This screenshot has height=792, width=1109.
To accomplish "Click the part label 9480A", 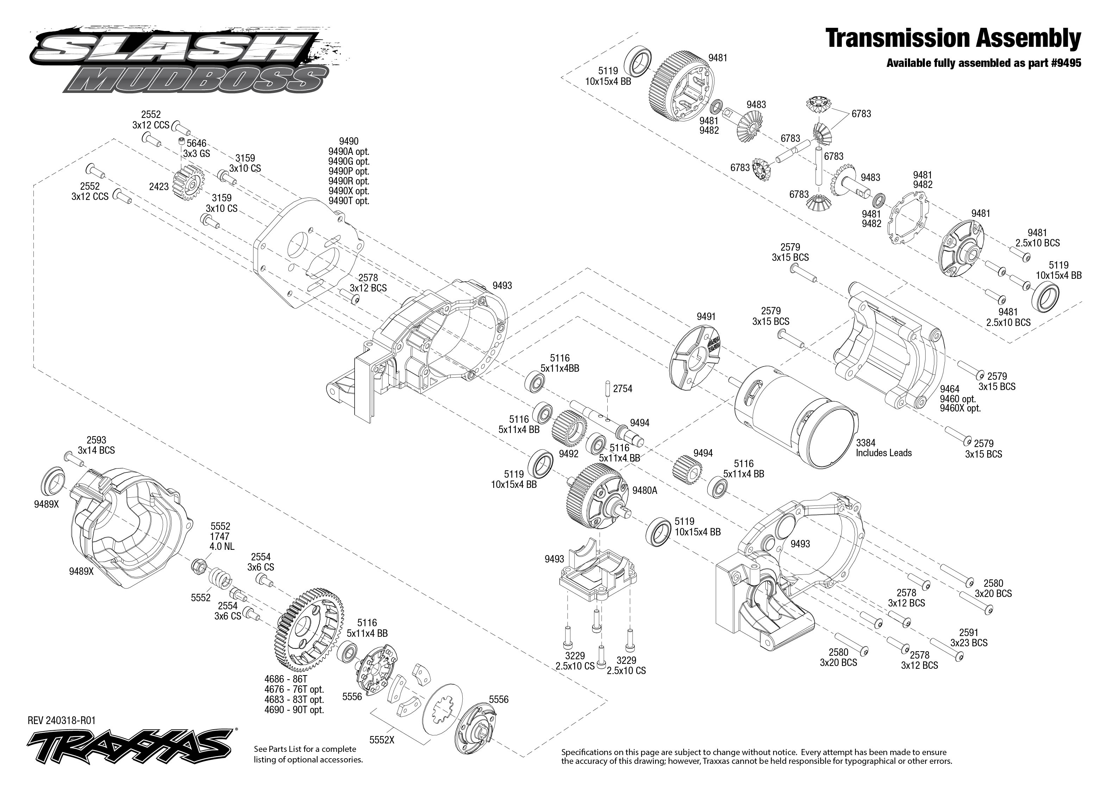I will [x=644, y=491].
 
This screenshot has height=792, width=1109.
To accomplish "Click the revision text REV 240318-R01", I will [x=62, y=720].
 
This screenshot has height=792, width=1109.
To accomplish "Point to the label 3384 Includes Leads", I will [x=883, y=448].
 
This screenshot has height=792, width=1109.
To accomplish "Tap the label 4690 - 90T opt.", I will [x=294, y=710].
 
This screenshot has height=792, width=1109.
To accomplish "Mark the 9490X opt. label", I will [x=348, y=191].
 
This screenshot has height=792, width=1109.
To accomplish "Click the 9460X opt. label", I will [x=960, y=408].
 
